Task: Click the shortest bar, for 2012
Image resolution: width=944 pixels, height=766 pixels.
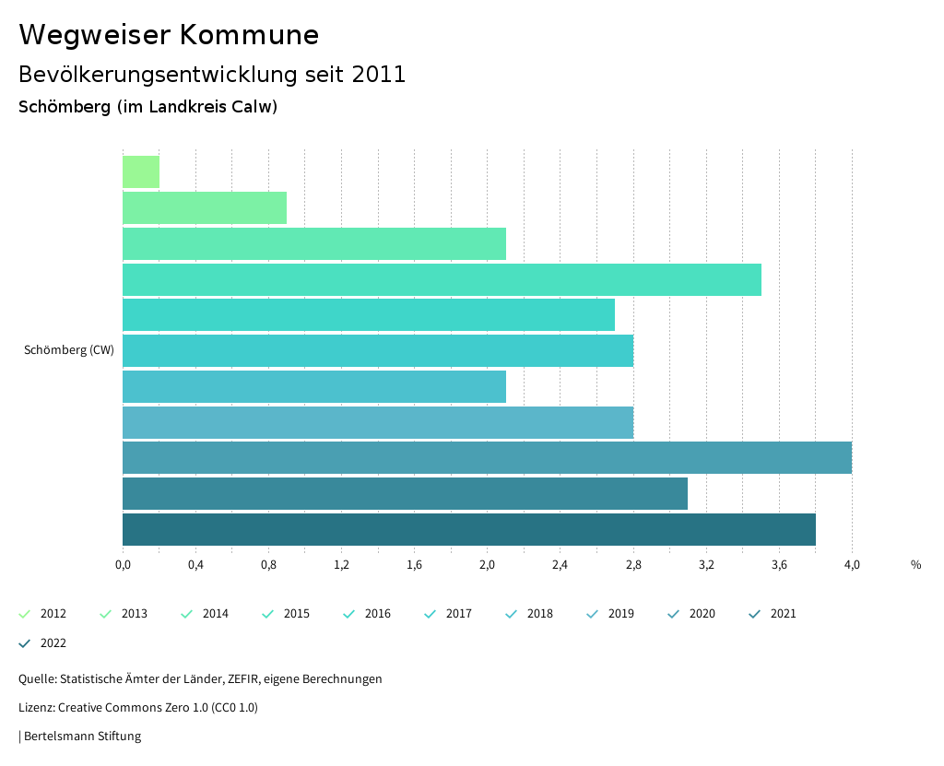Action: pyautogui.click(x=141, y=172)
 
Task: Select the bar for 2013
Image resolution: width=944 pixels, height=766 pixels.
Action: pyautogui.click(x=205, y=208)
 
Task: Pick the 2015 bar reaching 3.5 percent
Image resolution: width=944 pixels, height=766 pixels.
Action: pyautogui.click(x=442, y=279)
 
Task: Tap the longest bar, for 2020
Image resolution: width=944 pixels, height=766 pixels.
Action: pyautogui.click(x=487, y=458)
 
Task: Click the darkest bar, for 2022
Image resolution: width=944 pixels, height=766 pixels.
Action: pyautogui.click(x=468, y=530)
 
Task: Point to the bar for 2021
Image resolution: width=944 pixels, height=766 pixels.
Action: pyautogui.click(x=405, y=494)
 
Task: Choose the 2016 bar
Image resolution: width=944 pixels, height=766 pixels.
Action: pyautogui.click(x=369, y=315)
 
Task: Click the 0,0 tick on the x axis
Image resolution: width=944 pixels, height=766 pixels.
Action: pyautogui.click(x=123, y=565)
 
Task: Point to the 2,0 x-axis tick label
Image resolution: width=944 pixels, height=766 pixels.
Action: pyautogui.click(x=487, y=565)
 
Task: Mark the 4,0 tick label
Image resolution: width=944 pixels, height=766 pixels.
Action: pyautogui.click(x=852, y=565)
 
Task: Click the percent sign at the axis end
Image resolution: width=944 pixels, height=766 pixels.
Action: pyautogui.click(x=915, y=565)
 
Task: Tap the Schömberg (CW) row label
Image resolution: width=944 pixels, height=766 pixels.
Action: pyautogui.click(x=69, y=350)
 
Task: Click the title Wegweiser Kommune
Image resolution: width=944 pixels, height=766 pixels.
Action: pyautogui.click(x=169, y=35)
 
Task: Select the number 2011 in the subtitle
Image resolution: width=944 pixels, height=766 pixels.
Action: pyautogui.click(x=379, y=75)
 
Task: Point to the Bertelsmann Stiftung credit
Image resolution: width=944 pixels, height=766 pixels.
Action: pyautogui.click(x=82, y=737)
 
